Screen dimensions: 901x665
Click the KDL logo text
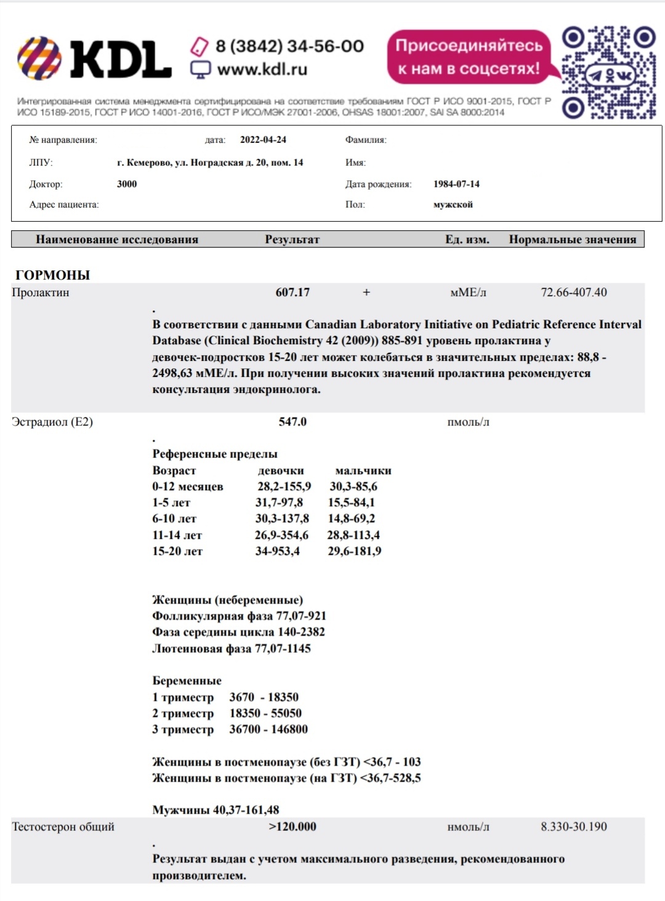121,60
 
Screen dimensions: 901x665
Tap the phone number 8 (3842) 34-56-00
289,46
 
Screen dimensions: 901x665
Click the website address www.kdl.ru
262,70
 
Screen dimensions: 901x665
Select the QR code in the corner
608,72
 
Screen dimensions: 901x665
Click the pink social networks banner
469,57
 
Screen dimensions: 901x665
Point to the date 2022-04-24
263,140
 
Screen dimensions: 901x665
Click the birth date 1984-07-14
456,184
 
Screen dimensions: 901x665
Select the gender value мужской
453,204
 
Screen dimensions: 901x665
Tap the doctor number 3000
127,184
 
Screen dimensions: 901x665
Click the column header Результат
292,240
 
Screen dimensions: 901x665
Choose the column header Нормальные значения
572,240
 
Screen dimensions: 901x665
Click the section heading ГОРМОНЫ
52,275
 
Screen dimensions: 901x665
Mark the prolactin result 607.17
292,293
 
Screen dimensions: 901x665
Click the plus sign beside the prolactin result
366,293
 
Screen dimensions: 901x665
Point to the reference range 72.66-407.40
573,293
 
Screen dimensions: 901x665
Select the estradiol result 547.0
292,422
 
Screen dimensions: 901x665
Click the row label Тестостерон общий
63,826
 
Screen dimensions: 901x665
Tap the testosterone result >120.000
292,826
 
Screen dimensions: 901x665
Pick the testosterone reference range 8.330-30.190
573,826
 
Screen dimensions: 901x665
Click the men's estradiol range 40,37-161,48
246,810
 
